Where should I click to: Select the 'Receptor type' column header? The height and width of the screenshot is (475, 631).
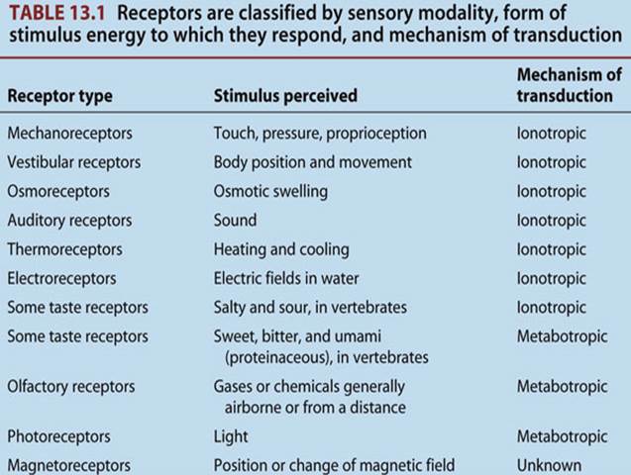coord(59,97)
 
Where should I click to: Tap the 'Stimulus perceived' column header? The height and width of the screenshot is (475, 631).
coord(285,97)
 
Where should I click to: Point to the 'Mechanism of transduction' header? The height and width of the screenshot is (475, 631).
coord(569,85)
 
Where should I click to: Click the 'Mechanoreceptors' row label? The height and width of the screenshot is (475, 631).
coord(69,133)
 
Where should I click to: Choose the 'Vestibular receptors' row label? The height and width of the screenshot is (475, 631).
coord(73,162)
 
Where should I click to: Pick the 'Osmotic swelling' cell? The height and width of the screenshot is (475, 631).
coord(270,191)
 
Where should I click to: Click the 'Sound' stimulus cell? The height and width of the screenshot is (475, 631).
coord(235,220)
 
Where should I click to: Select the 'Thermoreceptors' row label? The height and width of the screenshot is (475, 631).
coord(65,249)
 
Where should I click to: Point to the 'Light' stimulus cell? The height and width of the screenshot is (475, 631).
coord(231,435)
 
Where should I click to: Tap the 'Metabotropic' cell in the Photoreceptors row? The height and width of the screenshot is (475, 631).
coord(561,435)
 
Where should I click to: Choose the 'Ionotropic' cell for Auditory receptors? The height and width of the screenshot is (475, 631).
coord(551,220)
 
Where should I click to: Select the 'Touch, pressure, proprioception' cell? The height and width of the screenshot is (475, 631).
coord(320,133)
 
